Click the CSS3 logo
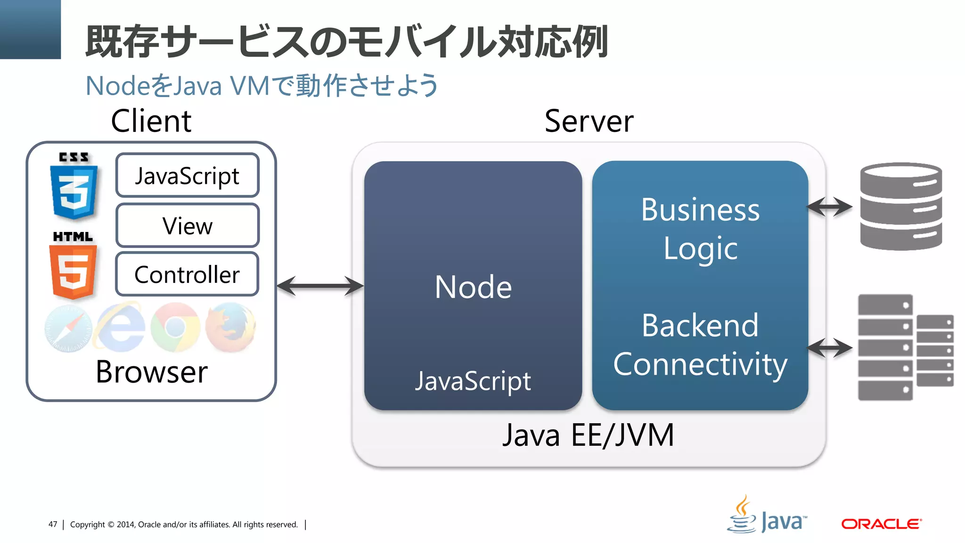[x=74, y=187]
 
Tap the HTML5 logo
[x=73, y=267]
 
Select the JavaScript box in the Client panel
[x=187, y=175]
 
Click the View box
[x=187, y=226]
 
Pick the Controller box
[x=187, y=274]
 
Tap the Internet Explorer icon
[x=121, y=328]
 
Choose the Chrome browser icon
[x=175, y=328]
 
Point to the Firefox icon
[x=231, y=328]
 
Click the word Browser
[x=151, y=372]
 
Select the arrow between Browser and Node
[x=320, y=286]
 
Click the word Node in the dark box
[x=473, y=287]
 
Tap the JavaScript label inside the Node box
[x=473, y=381]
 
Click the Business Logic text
[x=700, y=229]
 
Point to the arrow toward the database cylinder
[x=829, y=206]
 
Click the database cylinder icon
[x=900, y=206]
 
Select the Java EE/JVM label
[x=588, y=435]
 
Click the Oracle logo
[x=881, y=524]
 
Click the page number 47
[x=53, y=524]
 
